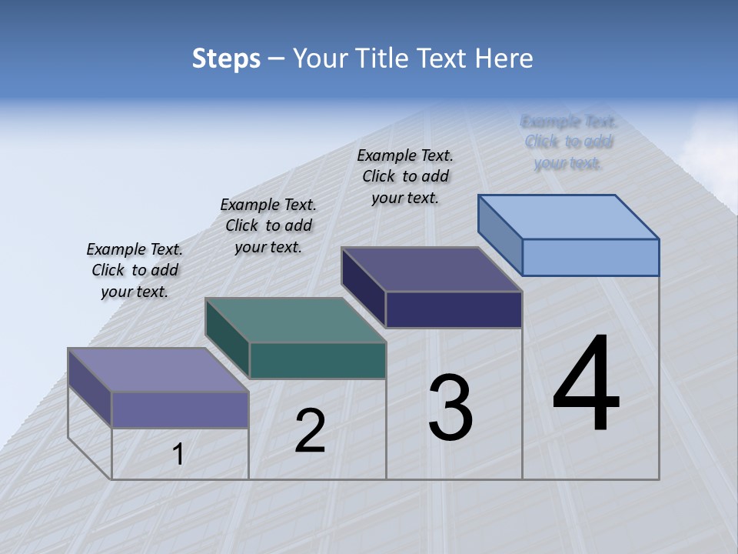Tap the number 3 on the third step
click(x=450, y=407)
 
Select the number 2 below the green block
click(x=310, y=430)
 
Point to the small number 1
click(x=178, y=454)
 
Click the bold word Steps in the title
click(x=226, y=58)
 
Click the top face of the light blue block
click(x=569, y=216)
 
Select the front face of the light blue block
click(x=590, y=257)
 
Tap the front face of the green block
click(x=317, y=360)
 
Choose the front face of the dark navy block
click(x=454, y=309)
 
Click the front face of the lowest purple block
click(x=180, y=409)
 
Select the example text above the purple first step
click(x=135, y=270)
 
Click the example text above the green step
click(x=268, y=225)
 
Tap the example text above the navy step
click(x=405, y=176)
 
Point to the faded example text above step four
click(x=568, y=142)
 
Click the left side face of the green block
click(x=228, y=339)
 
